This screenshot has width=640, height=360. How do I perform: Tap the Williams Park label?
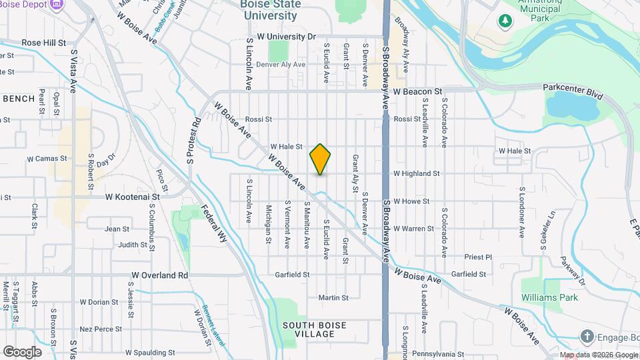click(549, 297)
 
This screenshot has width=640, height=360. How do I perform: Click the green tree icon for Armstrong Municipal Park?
click(505, 20)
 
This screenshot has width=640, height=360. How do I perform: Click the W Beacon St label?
click(417, 91)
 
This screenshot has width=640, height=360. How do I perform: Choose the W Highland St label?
click(416, 173)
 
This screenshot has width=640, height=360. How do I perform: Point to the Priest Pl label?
click(478, 257)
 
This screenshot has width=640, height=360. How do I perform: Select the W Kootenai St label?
click(133, 197)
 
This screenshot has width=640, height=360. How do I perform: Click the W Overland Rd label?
click(160, 275)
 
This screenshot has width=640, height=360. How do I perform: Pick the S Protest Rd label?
click(193, 141)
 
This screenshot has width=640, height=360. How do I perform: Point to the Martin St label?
click(333, 297)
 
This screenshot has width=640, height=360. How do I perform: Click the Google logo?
click(22, 351)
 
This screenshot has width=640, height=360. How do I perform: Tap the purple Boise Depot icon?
click(57, 4)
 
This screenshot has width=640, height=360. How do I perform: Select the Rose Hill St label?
click(45, 42)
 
